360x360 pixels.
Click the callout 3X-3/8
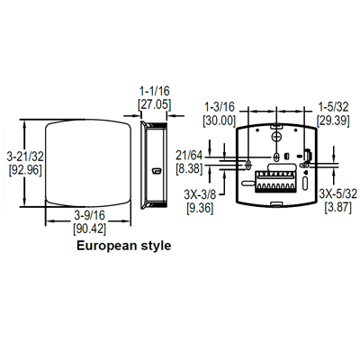click(x=199, y=194)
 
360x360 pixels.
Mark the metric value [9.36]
click(x=199, y=207)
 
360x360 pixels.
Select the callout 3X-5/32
click(x=337, y=194)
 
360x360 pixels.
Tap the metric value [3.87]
click(x=337, y=207)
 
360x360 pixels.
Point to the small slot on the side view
click(x=157, y=168)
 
